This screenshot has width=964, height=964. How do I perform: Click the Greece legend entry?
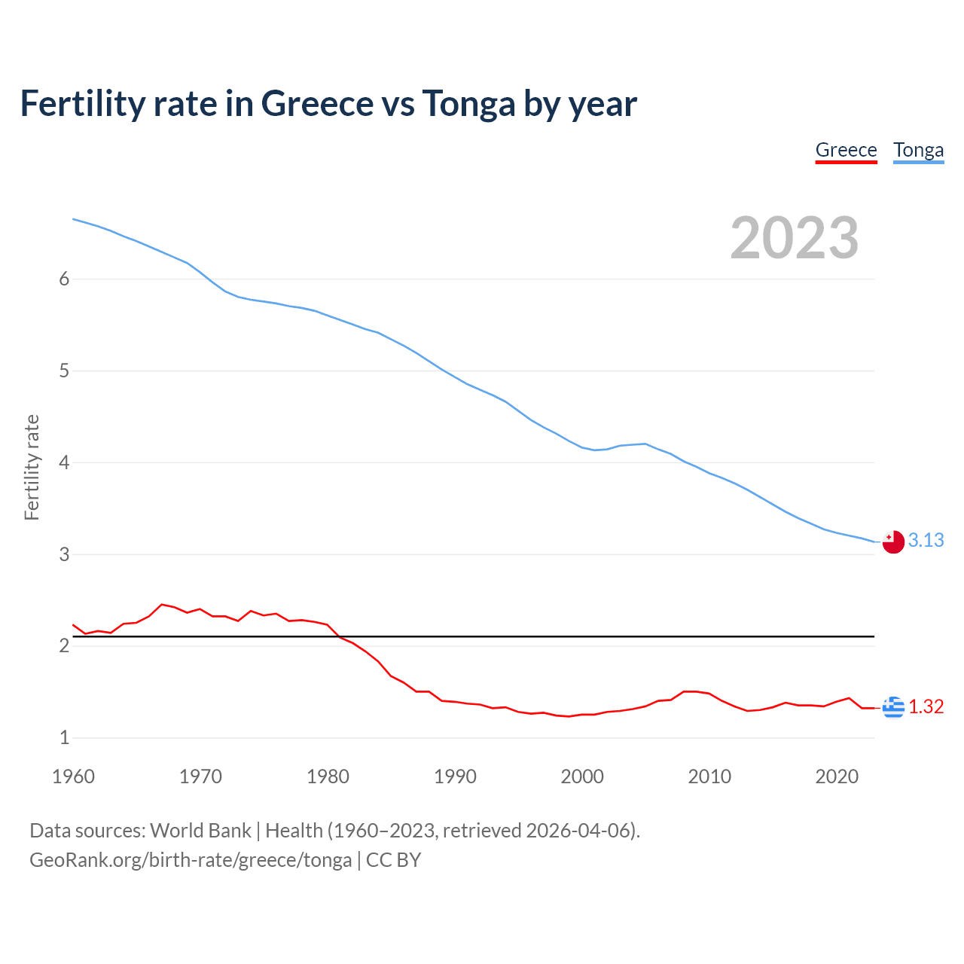[x=846, y=150]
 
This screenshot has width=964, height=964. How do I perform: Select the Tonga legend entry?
[x=918, y=150]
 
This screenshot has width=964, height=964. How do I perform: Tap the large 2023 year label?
[x=795, y=238]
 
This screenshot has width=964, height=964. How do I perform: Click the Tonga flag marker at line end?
[x=893, y=541]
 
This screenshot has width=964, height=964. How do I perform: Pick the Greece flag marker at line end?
[x=893, y=707]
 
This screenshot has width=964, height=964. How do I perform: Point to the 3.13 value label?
[x=926, y=541]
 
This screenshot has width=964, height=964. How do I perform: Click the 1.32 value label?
[x=926, y=707]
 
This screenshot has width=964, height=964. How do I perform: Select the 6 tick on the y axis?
[x=64, y=279]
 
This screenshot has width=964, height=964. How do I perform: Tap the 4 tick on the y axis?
[x=64, y=462]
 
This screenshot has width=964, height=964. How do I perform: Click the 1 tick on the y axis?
[x=64, y=738]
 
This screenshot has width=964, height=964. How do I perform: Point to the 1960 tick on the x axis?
[x=73, y=776]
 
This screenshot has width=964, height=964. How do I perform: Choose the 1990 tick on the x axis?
[x=455, y=776]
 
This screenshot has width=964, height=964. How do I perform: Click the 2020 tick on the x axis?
[x=837, y=776]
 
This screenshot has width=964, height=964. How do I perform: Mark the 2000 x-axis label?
[x=582, y=776]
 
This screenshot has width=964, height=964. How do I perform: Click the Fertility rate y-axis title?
[x=32, y=467]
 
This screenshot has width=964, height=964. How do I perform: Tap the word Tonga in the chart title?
[x=468, y=104]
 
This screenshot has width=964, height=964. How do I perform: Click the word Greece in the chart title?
[x=316, y=104]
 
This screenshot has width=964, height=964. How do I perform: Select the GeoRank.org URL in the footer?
[x=191, y=860]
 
